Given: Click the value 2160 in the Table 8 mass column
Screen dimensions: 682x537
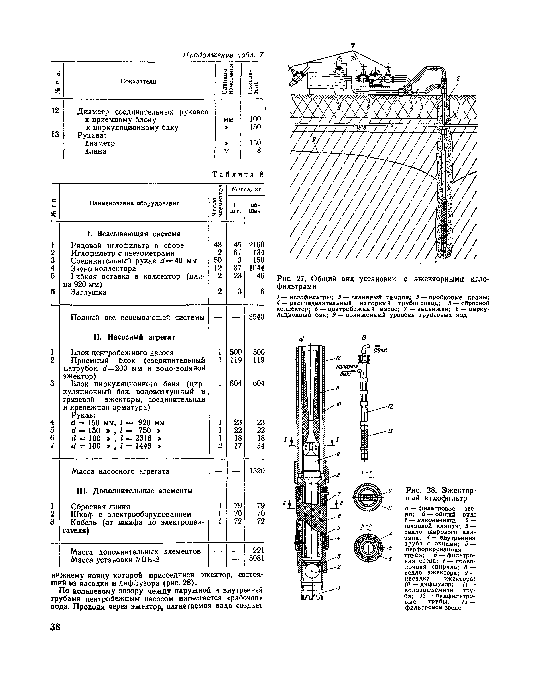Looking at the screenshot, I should coord(257,245).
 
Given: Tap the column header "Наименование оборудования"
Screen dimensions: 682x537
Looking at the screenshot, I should coord(134,203).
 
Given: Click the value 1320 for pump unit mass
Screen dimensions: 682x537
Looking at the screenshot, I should coord(257,471).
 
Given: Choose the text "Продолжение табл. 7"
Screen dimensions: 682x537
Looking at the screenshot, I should coord(223,55).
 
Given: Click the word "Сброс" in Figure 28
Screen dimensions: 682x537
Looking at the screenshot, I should coord(380,350).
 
